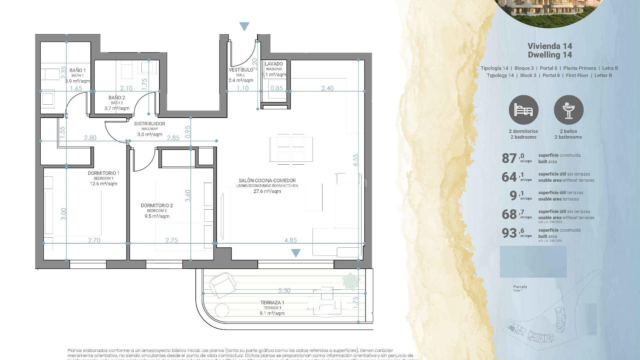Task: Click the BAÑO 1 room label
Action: click(x=77, y=70)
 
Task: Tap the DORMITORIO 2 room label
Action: click(x=157, y=206)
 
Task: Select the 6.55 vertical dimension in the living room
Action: click(x=356, y=160)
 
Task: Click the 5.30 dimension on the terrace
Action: click(x=284, y=291)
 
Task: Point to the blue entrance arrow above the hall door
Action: click(x=244, y=26)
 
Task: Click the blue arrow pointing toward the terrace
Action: click(x=296, y=253)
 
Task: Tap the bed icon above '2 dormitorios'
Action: click(x=523, y=110)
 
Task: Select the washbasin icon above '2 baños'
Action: click(x=568, y=110)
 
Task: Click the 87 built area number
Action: click(x=509, y=158)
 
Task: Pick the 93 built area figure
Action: click(x=509, y=233)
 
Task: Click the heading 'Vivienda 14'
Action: click(x=550, y=46)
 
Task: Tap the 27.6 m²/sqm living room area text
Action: click(x=267, y=191)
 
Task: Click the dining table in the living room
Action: click(x=291, y=148)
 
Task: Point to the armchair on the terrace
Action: click(x=223, y=284)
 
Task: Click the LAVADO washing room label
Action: click(x=274, y=64)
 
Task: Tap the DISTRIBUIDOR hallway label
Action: click(x=150, y=124)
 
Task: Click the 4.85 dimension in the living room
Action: click(x=290, y=240)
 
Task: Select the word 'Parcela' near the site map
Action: click(x=520, y=287)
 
